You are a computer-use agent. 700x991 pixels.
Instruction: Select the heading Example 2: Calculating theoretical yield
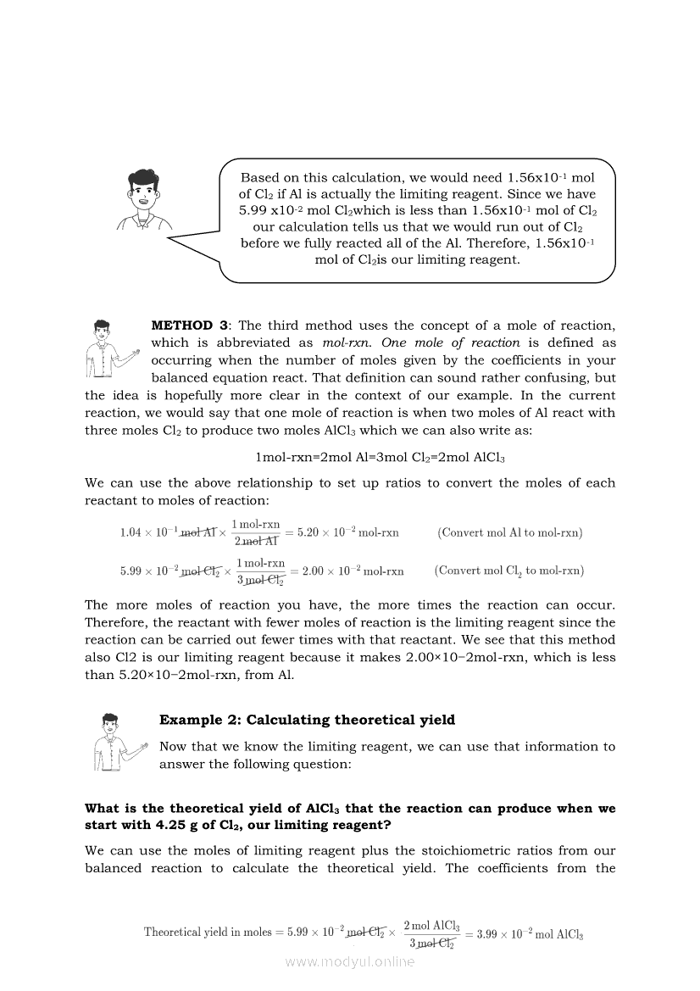pyautogui.click(x=307, y=720)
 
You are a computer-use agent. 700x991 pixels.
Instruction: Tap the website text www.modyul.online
pyautogui.click(x=350, y=961)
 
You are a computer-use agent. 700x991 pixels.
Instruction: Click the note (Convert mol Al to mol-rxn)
pyautogui.click(x=509, y=533)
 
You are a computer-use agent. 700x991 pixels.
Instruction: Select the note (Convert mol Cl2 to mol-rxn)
pyautogui.click(x=508, y=571)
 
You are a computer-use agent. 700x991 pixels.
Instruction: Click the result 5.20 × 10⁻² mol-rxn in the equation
pyautogui.click(x=347, y=533)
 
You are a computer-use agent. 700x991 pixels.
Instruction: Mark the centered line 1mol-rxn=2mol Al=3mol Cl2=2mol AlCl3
pyautogui.click(x=380, y=457)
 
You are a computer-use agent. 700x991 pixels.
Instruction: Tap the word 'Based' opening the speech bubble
pyautogui.click(x=260, y=177)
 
